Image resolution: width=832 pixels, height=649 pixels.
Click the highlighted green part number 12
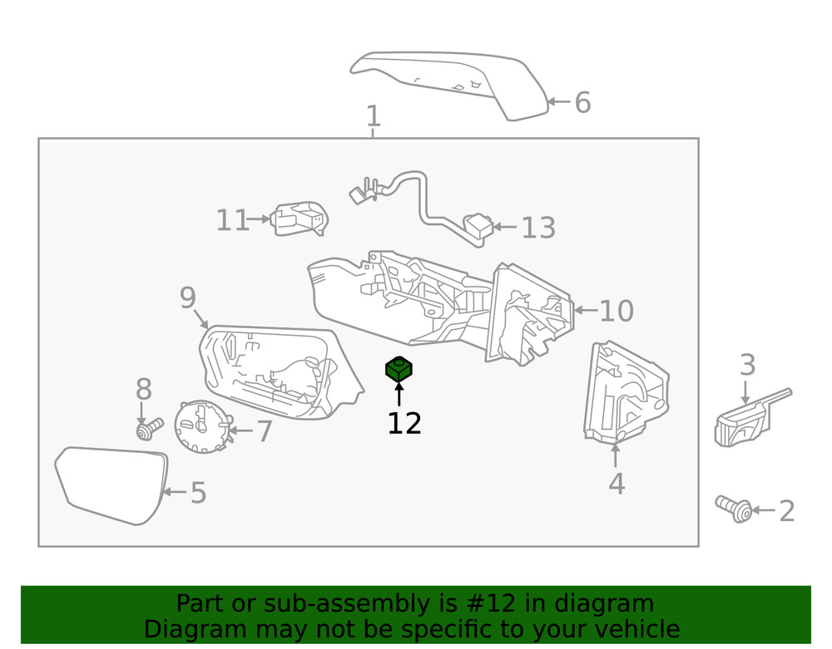pyautogui.click(x=399, y=370)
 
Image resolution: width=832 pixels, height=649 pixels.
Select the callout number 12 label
pyautogui.click(x=404, y=423)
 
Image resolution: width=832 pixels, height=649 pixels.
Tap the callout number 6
pyautogui.click(x=582, y=103)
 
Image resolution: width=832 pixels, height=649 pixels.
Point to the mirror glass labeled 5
pyautogui.click(x=111, y=484)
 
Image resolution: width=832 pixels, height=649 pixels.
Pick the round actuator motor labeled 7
pyautogui.click(x=201, y=426)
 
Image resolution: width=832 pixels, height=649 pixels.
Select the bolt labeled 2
pyautogui.click(x=734, y=508)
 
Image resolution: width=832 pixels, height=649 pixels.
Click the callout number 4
pyautogui.click(x=617, y=484)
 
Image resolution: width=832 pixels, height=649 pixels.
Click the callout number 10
pyautogui.click(x=617, y=312)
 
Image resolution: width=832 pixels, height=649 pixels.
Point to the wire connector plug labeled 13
pyautogui.click(x=478, y=225)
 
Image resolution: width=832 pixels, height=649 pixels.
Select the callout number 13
pyautogui.click(x=538, y=227)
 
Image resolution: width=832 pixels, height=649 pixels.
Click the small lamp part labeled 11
pyautogui.click(x=300, y=219)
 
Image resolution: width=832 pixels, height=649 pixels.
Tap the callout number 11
pyautogui.click(x=233, y=220)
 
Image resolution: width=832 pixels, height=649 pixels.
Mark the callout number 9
pyautogui.click(x=187, y=297)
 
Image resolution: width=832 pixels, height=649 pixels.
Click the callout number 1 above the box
pyautogui.click(x=374, y=117)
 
